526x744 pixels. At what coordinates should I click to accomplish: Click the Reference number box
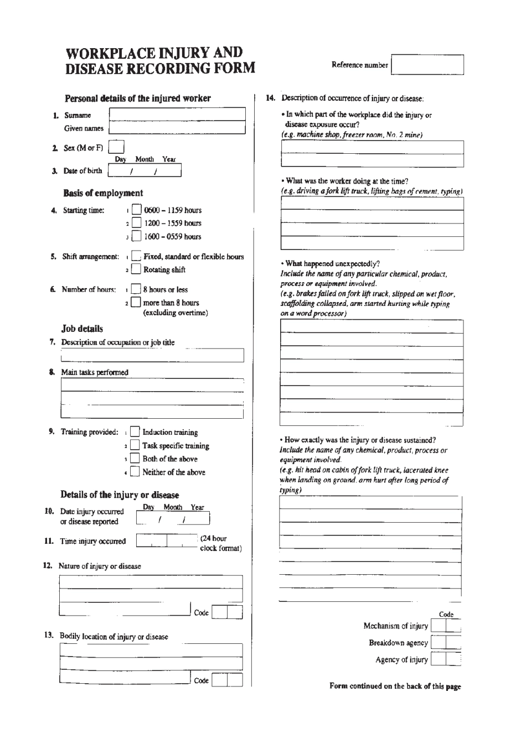tap(427, 65)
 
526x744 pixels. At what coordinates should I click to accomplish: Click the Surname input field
tap(177, 115)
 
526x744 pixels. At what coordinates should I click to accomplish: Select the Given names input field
tap(177, 128)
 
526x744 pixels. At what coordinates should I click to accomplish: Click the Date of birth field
tap(145, 171)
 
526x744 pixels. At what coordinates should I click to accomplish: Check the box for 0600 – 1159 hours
tap(136, 210)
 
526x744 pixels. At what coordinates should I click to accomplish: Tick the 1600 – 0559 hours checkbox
tap(136, 237)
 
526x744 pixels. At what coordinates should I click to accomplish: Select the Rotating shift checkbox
tap(136, 270)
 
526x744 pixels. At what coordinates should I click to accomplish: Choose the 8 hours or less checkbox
tap(136, 290)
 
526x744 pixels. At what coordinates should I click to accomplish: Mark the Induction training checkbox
tap(135, 433)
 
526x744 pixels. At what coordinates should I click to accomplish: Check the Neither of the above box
tap(135, 472)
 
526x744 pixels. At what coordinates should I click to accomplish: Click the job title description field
tap(151, 355)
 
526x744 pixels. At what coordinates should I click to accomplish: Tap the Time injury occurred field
tap(167, 541)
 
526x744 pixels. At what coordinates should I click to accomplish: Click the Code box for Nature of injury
tap(227, 612)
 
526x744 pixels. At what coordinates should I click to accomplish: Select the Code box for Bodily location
tap(227, 680)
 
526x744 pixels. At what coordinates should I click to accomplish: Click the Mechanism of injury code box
tap(446, 626)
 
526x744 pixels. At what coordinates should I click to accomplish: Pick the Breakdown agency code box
tap(446, 643)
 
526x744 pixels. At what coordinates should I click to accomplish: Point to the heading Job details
tap(82, 329)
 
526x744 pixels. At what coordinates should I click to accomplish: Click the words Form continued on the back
tap(395, 686)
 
